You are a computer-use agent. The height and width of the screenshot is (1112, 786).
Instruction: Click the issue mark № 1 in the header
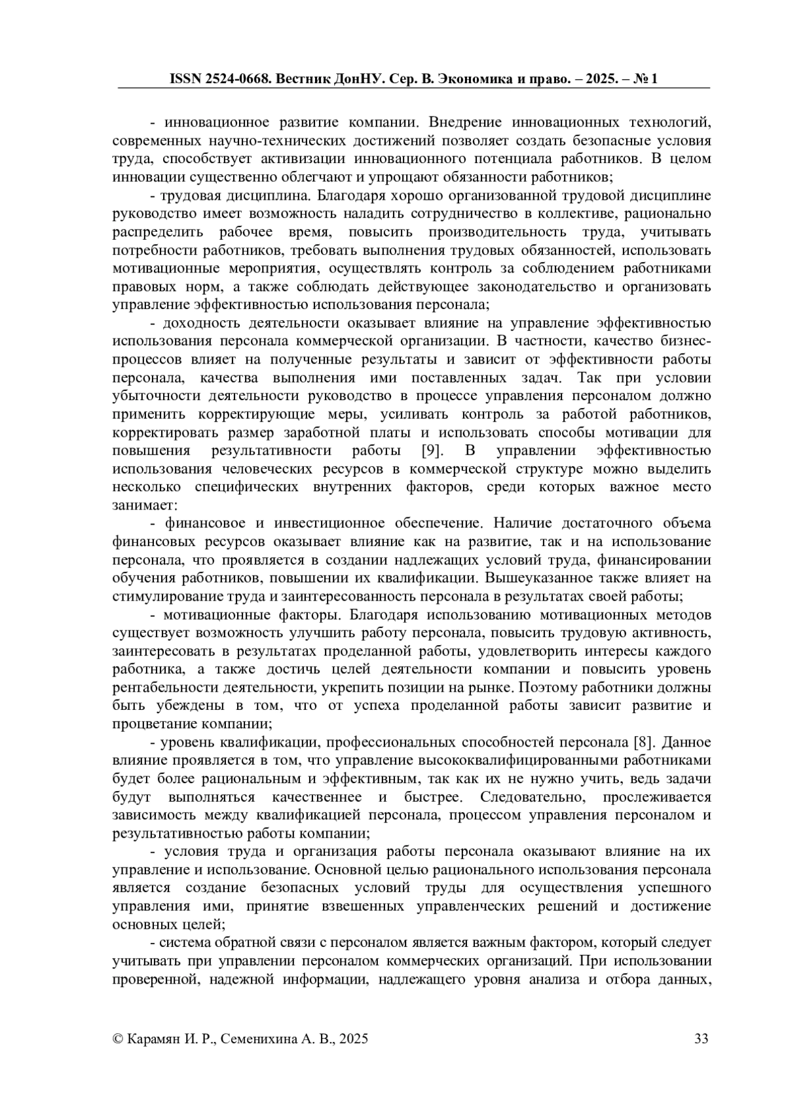[x=646, y=79]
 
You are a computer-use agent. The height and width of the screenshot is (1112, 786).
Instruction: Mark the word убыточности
[x=157, y=396]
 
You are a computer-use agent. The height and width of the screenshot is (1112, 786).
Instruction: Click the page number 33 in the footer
[x=702, y=1039]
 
